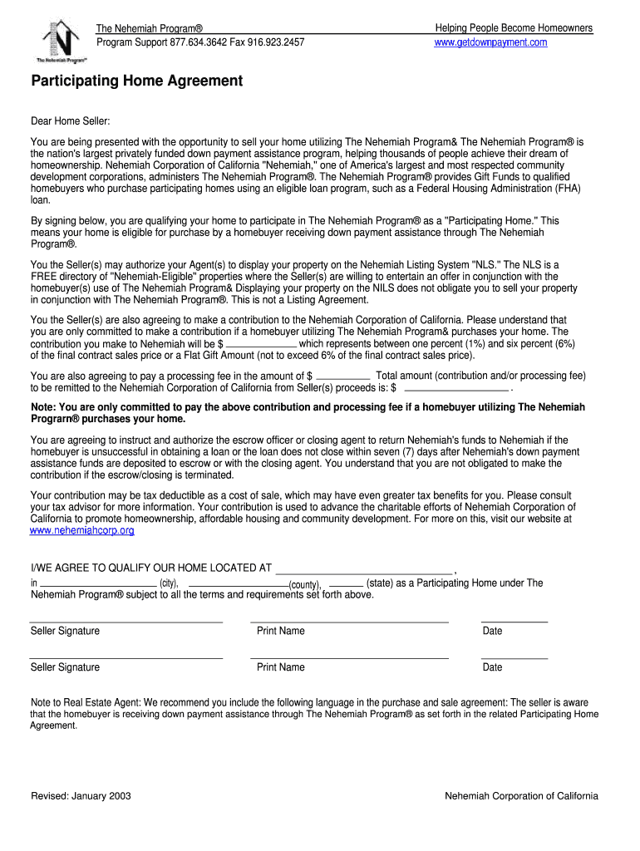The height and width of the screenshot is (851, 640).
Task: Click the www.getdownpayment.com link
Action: (490, 42)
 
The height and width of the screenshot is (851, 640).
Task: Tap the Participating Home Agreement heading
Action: (136, 81)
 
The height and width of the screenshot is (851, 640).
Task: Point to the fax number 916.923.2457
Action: (276, 42)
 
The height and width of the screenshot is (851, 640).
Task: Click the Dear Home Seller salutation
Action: (70, 122)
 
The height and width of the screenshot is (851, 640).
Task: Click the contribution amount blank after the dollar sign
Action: (261, 344)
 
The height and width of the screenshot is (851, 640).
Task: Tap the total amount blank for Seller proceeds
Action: (455, 388)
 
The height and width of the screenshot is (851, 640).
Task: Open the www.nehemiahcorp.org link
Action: (82, 530)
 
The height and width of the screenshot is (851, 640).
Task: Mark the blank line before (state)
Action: (346, 585)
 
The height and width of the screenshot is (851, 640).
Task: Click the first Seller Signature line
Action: (126, 621)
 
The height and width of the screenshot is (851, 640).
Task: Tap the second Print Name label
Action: (281, 667)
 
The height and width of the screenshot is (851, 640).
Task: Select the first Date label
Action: (493, 631)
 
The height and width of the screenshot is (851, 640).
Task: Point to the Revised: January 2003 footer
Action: (81, 796)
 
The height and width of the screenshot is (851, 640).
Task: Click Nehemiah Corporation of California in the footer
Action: (521, 796)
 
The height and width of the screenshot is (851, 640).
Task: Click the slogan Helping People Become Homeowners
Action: (514, 28)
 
